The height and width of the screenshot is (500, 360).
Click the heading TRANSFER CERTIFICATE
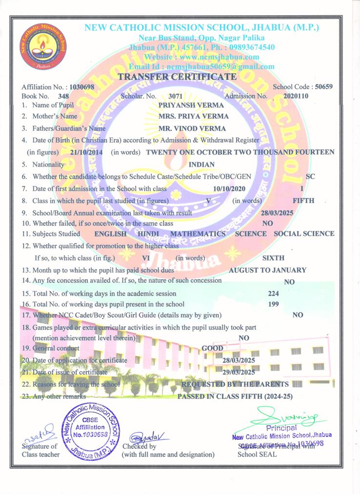pos(178,77)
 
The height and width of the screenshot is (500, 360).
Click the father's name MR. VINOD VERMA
pos(193,128)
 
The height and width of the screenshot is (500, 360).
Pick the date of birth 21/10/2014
pos(86,152)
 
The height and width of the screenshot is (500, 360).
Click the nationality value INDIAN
pos(201,165)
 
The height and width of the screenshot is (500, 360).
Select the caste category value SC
pos(310,176)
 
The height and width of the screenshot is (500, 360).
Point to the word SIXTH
pos(274,258)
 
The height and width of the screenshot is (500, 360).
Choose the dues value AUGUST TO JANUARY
pos(268,270)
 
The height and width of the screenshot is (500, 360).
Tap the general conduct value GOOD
pos(213,348)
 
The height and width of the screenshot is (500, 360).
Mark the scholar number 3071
pos(175,96)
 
